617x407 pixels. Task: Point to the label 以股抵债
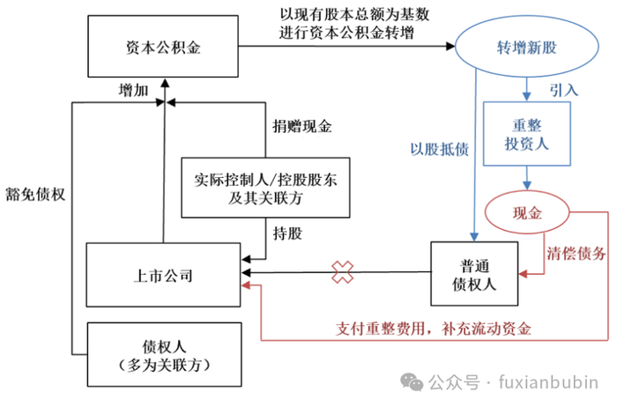(437, 149)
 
